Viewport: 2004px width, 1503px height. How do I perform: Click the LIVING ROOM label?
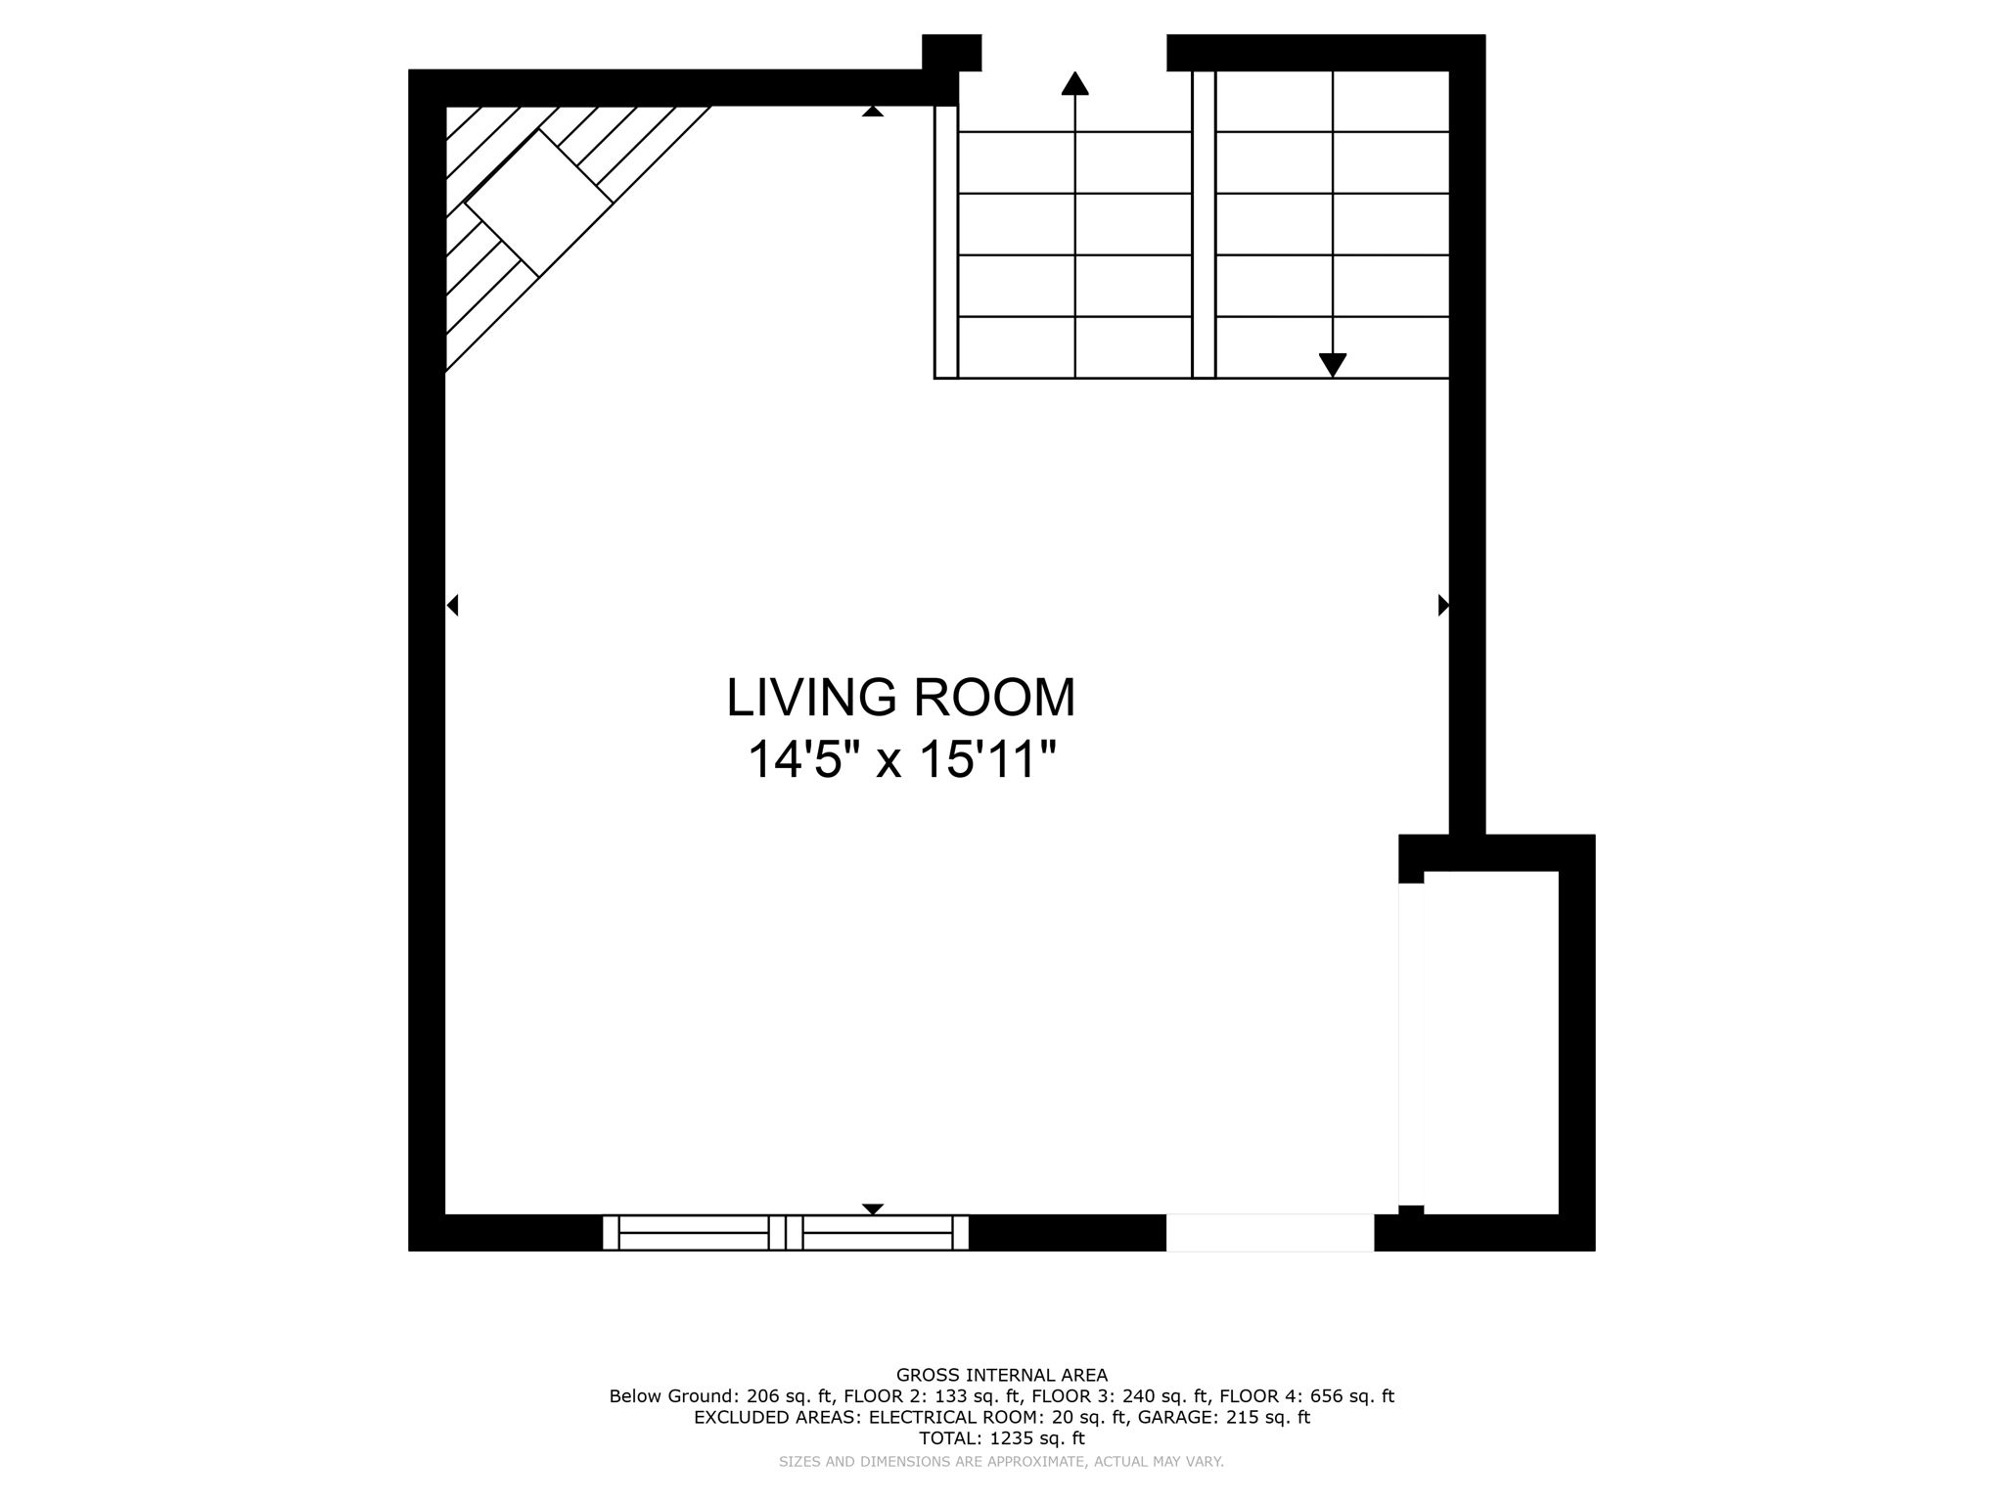click(900, 698)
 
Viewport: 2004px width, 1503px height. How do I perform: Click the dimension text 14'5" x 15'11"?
click(900, 760)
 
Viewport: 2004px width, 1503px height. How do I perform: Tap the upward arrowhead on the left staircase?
click(1074, 84)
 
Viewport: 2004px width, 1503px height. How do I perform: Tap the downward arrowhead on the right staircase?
click(1332, 364)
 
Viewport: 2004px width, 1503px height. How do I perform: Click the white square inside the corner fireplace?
click(538, 204)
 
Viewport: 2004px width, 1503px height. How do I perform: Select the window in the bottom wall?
click(785, 1232)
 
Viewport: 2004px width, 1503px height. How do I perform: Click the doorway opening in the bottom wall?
click(1269, 1232)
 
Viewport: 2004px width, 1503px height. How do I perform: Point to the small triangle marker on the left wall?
click(452, 606)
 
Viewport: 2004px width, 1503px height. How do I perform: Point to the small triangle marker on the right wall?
click(1442, 606)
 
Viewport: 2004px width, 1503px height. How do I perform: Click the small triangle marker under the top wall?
click(873, 112)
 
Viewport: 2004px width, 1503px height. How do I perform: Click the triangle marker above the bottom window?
click(873, 1208)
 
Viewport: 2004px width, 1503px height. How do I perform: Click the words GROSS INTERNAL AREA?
click(1001, 1375)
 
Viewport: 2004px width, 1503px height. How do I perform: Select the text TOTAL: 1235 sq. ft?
click(1001, 1438)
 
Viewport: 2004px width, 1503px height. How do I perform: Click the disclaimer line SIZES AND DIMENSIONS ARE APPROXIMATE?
click(1001, 1462)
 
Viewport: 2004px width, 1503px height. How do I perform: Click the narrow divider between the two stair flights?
click(1204, 225)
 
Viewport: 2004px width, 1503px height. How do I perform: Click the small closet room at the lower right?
click(1490, 1042)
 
